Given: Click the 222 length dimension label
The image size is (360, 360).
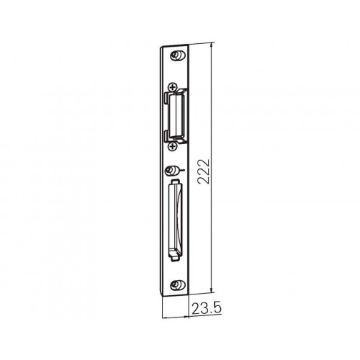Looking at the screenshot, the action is click(204, 171).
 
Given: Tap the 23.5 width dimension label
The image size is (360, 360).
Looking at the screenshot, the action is click(206, 308).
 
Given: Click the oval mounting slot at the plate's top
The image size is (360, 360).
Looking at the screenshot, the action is click(178, 55).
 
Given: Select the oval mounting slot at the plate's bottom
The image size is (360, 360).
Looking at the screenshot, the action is click(178, 285).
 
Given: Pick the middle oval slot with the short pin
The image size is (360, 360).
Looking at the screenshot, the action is click(172, 171).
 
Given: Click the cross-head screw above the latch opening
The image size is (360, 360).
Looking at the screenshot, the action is click(172, 87).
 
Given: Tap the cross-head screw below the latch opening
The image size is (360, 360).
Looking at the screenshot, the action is click(172, 146).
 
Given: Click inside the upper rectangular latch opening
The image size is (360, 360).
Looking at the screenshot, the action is click(176, 115).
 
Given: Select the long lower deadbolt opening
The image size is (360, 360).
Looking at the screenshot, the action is click(176, 220).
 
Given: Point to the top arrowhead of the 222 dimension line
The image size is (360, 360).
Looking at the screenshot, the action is click(212, 45).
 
